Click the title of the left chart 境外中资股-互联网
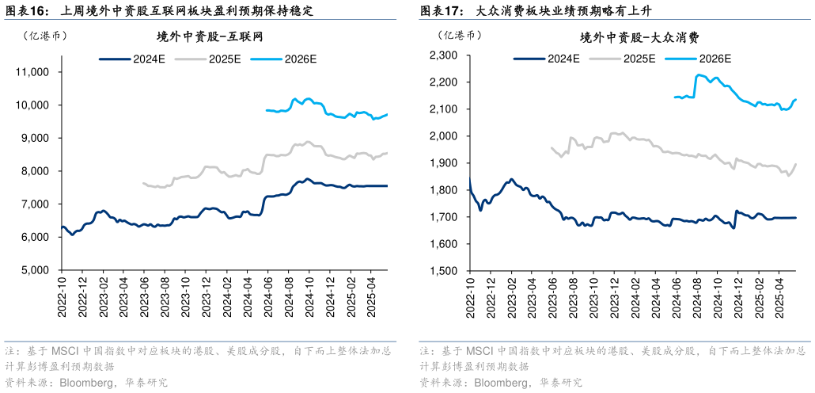[x=210, y=37]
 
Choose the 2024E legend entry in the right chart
[x=547, y=58]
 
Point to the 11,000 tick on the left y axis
[x=33, y=72]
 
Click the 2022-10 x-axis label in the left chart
[x=62, y=296]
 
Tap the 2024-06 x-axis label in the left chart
[x=267, y=296]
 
